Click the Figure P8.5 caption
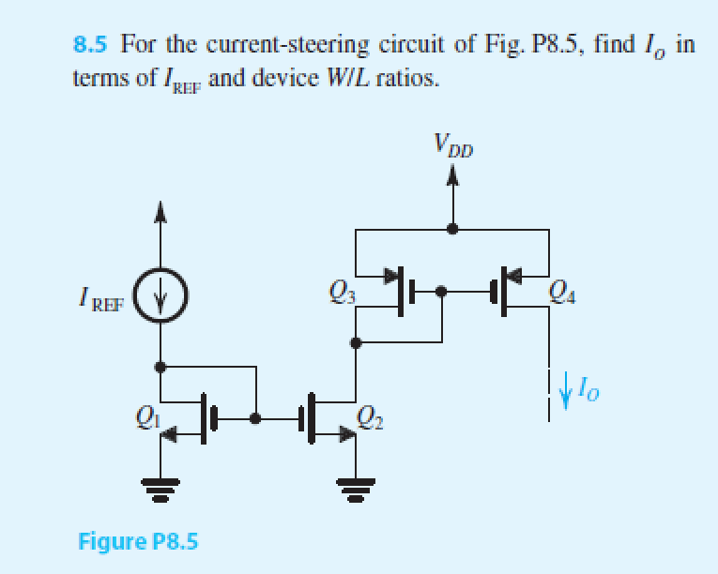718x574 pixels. [x=138, y=541]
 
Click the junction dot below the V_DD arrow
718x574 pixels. [x=452, y=228]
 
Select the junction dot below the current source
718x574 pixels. [x=162, y=365]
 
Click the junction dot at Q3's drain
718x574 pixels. [x=355, y=343]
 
